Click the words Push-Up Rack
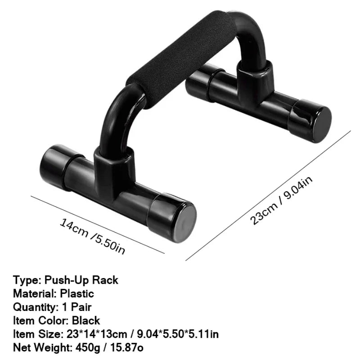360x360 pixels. pyautogui.click(x=81, y=280)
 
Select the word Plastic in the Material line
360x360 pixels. pyautogui.click(x=76, y=294)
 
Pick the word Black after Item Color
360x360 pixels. pyautogui.click(x=85, y=321)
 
